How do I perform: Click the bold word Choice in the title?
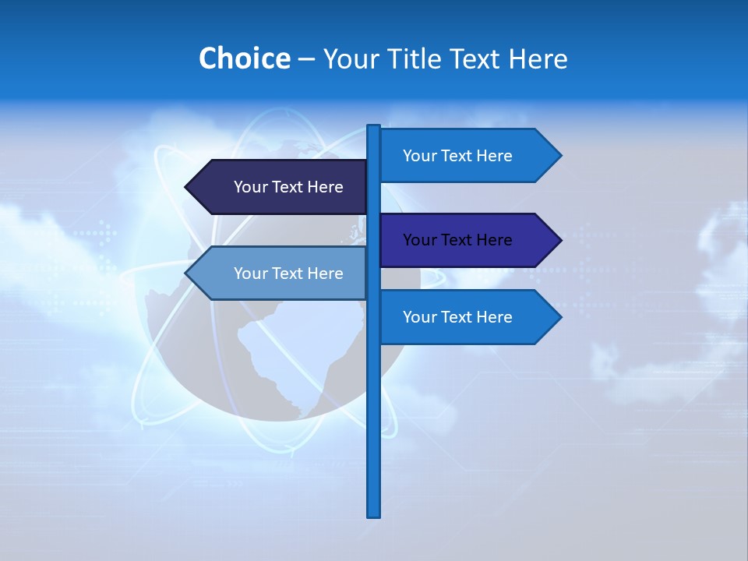pos(244,58)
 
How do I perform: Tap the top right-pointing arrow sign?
pos(467,156)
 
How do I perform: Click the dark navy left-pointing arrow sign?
pos(280,187)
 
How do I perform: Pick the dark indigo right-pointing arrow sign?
pos(467,240)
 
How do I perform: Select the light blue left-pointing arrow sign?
pos(280,273)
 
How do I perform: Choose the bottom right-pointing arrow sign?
pos(467,317)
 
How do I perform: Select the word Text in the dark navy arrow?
pos(288,187)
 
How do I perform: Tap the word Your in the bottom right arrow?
pos(419,317)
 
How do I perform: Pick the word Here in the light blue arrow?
pos(325,273)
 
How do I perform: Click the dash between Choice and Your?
pos(306,58)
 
